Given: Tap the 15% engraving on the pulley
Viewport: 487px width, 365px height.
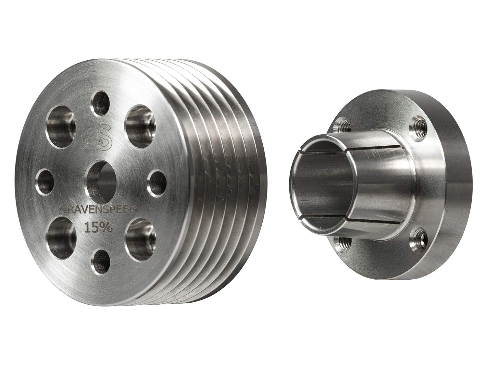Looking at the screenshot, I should pyautogui.click(x=98, y=228).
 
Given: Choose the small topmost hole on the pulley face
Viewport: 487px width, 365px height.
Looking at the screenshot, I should pyautogui.click(x=100, y=103).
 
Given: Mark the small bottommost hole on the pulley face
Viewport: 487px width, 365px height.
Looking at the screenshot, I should pyautogui.click(x=100, y=260).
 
